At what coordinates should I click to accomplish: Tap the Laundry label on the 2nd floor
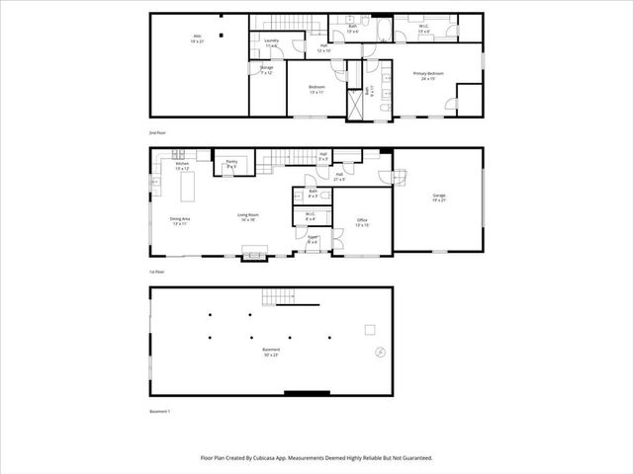point(270,42)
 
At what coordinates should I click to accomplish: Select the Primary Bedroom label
point(427,76)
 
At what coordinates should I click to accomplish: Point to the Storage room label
point(266,70)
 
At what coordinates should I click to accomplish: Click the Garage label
point(438,197)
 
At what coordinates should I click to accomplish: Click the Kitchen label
point(182,166)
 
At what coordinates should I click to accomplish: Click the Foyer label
point(313,239)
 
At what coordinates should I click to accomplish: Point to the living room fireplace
point(254,255)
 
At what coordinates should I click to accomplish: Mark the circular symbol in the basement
point(377,352)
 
